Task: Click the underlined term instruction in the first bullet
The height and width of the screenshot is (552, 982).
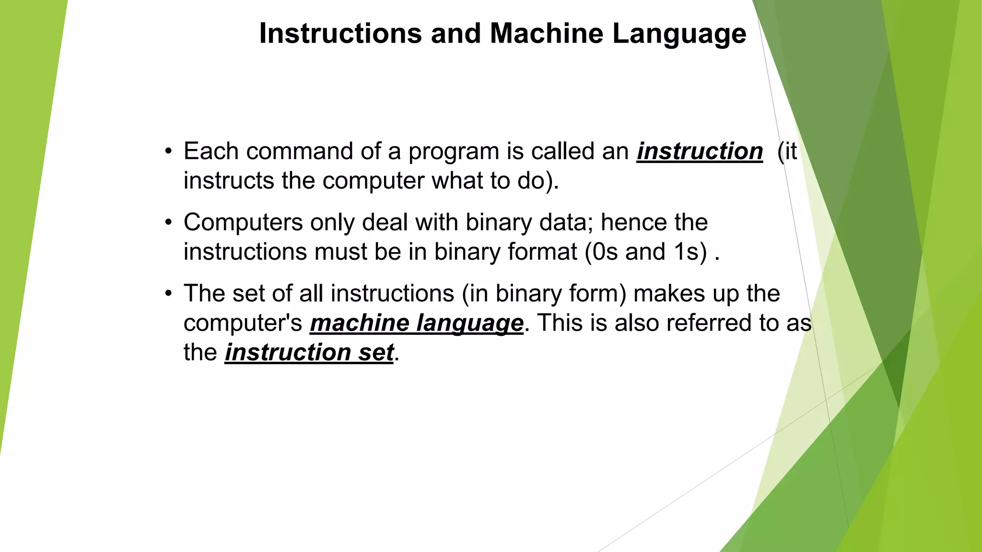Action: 700,151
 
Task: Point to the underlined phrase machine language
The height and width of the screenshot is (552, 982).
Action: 416,323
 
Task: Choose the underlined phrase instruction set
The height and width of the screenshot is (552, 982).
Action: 309,353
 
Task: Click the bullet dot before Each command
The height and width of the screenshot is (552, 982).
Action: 168,152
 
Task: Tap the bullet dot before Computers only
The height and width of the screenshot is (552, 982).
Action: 168,223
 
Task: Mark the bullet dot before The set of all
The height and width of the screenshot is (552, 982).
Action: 168,294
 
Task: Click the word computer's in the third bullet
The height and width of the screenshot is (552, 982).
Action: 243,323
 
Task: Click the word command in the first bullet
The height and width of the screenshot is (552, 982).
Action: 300,151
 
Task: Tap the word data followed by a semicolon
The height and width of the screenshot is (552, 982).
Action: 565,223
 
